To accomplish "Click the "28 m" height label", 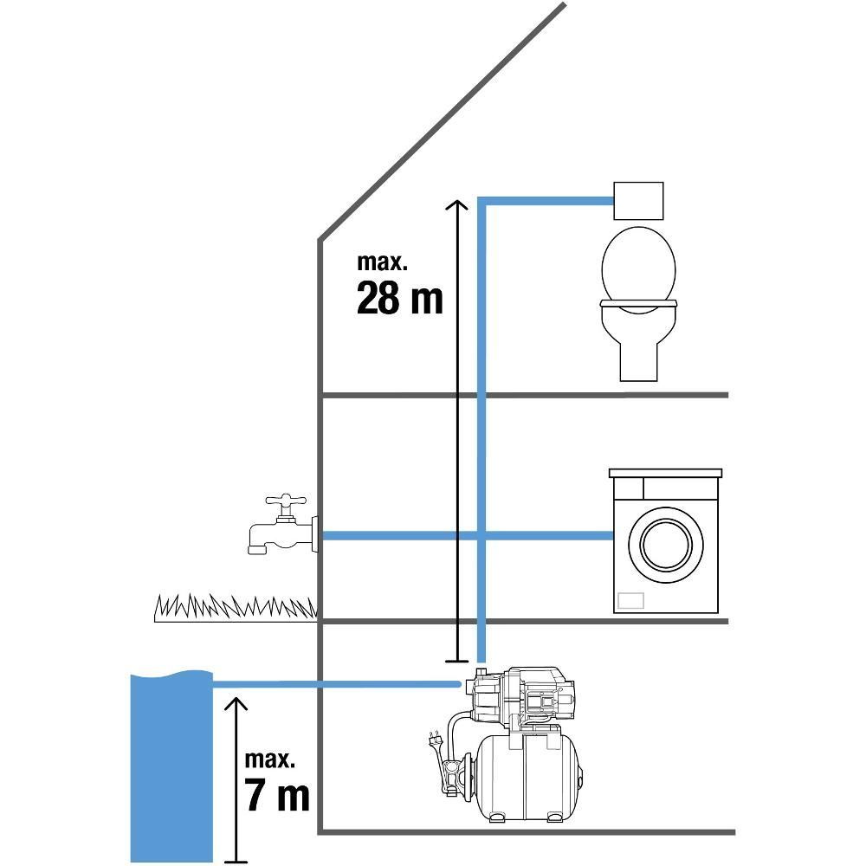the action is coord(400,298).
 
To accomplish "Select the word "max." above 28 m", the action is coord(382,262).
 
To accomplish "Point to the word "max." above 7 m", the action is coord(270,759).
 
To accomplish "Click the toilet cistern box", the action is coord(638,201).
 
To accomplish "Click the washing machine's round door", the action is coord(666,545).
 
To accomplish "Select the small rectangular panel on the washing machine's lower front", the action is coord(630,600).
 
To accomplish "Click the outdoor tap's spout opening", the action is coord(255,550).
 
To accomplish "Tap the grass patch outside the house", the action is coord(236,608).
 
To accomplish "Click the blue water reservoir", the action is coord(171,766).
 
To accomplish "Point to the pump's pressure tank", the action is coord(528,778).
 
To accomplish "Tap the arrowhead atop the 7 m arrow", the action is coord(236,702).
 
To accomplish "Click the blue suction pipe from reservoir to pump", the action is coord(337,685).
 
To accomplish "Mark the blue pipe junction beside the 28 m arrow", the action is coord(481,536).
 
